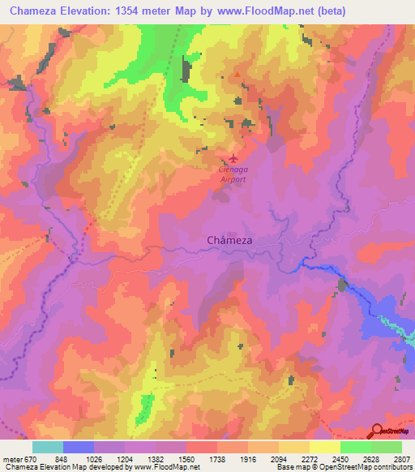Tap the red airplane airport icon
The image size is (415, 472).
[235, 158]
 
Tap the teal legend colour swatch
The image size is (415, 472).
[48, 447]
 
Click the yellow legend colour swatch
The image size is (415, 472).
[293, 447]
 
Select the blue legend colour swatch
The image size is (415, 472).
[79, 447]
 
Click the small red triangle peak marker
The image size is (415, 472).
[237, 76]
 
